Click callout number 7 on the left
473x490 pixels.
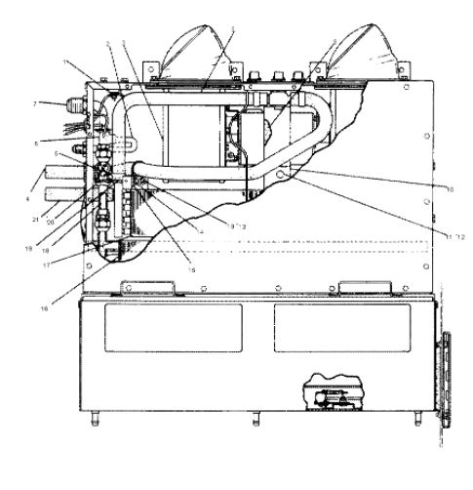61,102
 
